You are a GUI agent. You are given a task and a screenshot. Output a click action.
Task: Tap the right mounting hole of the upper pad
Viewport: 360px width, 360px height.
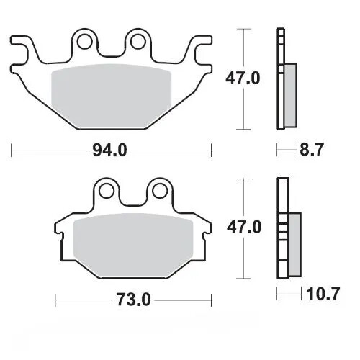pos(135,40)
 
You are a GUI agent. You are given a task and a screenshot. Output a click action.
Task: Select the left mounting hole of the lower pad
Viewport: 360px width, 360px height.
pos(108,191)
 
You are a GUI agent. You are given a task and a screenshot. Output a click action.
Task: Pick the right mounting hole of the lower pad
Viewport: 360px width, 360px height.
pos(157,191)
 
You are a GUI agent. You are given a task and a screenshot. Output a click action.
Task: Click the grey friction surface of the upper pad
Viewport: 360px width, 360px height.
pos(112,90)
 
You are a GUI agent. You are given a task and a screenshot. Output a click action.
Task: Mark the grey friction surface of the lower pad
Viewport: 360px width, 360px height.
pos(133,241)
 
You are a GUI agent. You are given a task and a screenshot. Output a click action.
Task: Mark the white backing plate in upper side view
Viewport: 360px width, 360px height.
pos(281,79)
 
